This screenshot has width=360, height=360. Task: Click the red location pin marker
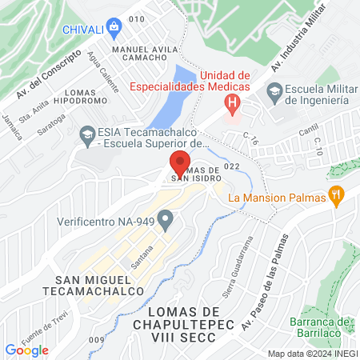click(180, 163)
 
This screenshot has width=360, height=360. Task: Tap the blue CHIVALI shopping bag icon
click(115, 27)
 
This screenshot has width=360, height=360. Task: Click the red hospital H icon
click(232, 102)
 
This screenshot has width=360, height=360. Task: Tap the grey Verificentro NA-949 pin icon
click(166, 218)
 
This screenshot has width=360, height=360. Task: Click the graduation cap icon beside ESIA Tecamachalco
click(86, 137)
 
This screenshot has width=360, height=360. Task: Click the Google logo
click(26, 350)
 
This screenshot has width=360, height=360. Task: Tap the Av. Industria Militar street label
click(300, 39)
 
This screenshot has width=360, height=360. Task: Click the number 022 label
click(233, 166)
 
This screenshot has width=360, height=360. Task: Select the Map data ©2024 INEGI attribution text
click(312, 354)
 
